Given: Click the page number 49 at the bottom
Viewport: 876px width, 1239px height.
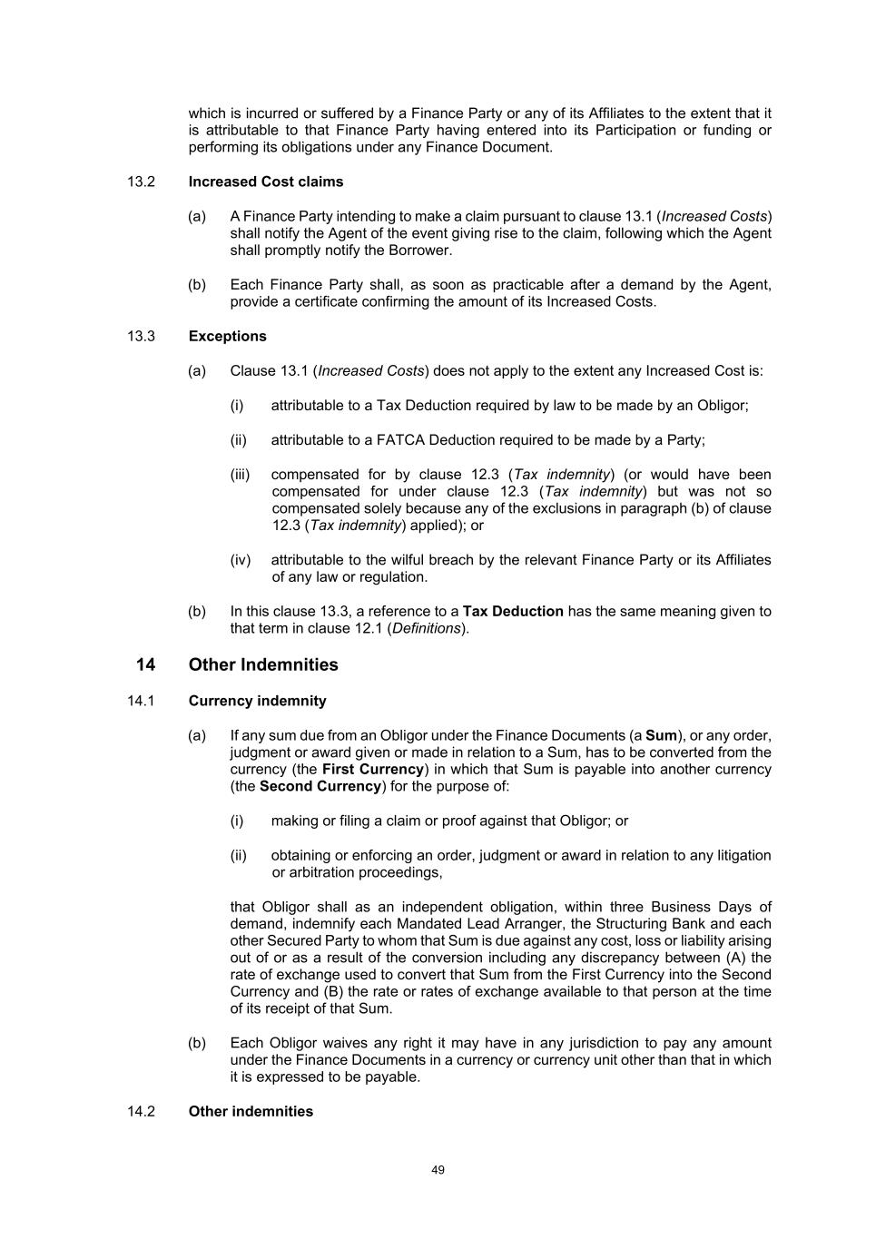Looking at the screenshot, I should click(438, 1170).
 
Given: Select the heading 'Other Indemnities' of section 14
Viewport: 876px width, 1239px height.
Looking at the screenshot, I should click(263, 664).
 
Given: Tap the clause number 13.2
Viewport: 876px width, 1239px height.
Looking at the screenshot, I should click(142, 182).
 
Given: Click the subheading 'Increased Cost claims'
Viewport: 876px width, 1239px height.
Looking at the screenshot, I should click(266, 182).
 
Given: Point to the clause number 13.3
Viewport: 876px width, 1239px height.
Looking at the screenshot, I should click(142, 336).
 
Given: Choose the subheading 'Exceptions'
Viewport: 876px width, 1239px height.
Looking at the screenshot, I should click(228, 336).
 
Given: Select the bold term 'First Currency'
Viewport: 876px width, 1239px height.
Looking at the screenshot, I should click(373, 769).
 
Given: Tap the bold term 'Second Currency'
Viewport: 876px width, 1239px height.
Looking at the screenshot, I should click(320, 786).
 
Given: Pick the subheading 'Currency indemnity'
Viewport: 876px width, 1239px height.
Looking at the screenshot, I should click(258, 701).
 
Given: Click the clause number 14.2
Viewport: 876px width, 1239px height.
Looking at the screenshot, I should click(142, 1111).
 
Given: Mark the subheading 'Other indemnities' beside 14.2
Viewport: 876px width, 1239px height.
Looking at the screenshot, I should click(251, 1111).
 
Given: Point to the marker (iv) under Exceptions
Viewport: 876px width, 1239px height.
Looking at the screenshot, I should click(240, 560).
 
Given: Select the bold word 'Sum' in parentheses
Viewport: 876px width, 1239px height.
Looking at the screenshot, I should click(661, 735).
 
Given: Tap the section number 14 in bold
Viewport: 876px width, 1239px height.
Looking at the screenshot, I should click(145, 664).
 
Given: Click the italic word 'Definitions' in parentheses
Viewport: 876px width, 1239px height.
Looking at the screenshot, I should click(428, 628).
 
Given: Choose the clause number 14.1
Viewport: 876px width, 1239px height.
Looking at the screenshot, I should click(142, 701).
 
